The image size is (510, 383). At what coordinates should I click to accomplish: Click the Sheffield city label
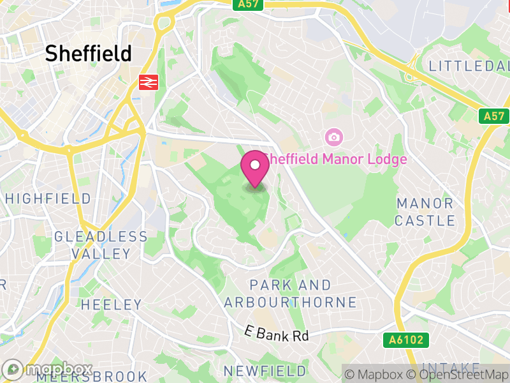[89, 54]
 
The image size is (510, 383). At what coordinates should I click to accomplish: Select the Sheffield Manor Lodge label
[335, 159]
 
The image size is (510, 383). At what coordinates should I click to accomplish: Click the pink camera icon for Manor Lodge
[333, 137]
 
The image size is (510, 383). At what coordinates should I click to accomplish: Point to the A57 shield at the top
[249, 4]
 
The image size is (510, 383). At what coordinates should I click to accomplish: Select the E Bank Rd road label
[277, 333]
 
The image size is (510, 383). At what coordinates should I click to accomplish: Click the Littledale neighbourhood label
[469, 66]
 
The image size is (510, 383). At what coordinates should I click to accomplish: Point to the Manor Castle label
[425, 213]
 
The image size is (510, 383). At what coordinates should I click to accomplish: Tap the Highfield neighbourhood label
[48, 199]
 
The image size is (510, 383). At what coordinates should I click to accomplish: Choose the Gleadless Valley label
[101, 245]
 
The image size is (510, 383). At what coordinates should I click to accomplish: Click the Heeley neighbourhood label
[112, 304]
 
